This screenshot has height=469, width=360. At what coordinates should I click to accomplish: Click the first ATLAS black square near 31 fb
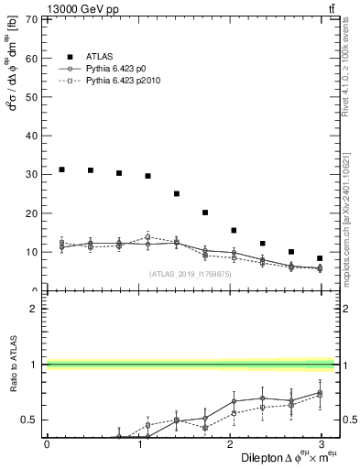(x=61, y=169)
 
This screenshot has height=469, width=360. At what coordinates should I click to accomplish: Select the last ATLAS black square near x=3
(x=320, y=258)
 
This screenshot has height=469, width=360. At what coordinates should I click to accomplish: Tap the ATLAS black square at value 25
(x=177, y=193)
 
